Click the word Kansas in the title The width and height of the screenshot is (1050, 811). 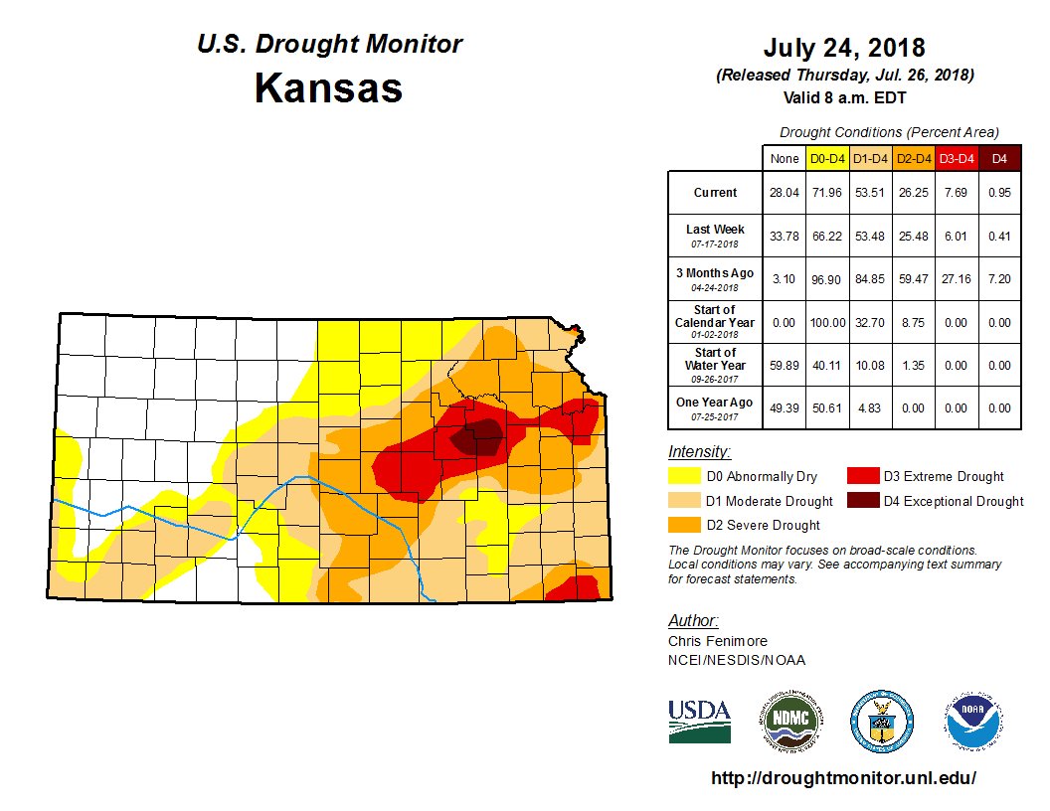(x=328, y=88)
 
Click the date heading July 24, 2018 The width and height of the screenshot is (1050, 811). (x=844, y=48)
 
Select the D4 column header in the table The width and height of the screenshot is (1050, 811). (x=999, y=158)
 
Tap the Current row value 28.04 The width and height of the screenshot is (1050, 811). (x=783, y=193)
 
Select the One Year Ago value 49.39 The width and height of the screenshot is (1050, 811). (x=783, y=407)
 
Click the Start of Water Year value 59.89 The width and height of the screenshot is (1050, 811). (x=783, y=365)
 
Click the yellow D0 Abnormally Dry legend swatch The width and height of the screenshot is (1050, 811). (x=683, y=476)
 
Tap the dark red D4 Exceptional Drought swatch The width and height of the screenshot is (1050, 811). (x=861, y=501)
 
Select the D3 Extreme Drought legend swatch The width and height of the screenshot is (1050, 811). (x=861, y=476)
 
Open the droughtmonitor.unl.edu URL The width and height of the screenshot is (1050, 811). (x=844, y=778)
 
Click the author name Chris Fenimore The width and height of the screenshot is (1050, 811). (x=717, y=641)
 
